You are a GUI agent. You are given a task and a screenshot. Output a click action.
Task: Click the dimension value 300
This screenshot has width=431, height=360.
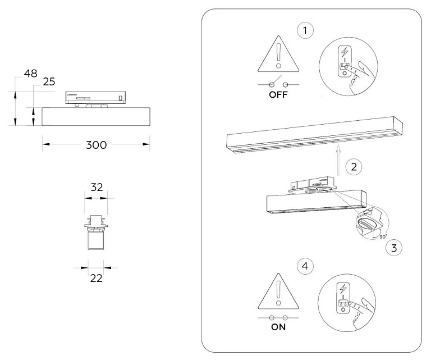pyautogui.click(x=96, y=145)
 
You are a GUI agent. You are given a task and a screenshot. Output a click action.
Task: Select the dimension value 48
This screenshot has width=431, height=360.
pyautogui.click(x=30, y=74)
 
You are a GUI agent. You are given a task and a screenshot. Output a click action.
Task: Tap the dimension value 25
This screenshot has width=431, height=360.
pyautogui.click(x=49, y=81)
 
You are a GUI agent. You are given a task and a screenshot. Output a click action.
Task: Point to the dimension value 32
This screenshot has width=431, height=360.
pyautogui.click(x=97, y=187)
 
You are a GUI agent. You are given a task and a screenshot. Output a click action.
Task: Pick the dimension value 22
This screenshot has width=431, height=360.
pyautogui.click(x=96, y=279)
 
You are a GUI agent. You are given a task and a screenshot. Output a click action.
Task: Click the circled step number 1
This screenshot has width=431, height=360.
pyautogui.click(x=305, y=30)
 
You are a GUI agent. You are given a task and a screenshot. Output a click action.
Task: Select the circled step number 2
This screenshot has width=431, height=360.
pyautogui.click(x=354, y=167)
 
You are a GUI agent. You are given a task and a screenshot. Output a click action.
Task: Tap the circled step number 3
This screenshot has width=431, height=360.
pyautogui.click(x=394, y=248)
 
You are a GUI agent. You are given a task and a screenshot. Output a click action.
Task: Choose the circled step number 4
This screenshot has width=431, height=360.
pyautogui.click(x=305, y=266)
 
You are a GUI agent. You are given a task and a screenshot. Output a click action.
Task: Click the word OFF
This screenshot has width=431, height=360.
pyautogui.click(x=278, y=94)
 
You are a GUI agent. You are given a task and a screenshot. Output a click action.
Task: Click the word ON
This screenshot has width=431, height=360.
pyautogui.click(x=278, y=327)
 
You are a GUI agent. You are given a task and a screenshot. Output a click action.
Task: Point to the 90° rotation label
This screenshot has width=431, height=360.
pyautogui.click(x=383, y=236)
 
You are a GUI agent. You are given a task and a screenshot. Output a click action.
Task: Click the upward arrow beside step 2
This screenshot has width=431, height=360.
pyautogui.click(x=338, y=160)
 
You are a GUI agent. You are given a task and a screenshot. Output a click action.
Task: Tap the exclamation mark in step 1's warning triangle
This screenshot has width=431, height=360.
pyautogui.click(x=279, y=56)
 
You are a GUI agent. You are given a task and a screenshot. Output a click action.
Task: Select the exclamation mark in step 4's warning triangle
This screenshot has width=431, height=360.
pyautogui.click(x=278, y=293)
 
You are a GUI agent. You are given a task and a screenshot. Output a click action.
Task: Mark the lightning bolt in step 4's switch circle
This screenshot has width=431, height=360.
pyautogui.click(x=343, y=289)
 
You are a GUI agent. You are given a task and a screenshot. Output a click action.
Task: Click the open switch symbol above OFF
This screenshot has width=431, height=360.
pyautogui.click(x=278, y=83)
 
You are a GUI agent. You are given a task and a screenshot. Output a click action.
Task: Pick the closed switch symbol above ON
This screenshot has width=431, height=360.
pyautogui.click(x=278, y=318)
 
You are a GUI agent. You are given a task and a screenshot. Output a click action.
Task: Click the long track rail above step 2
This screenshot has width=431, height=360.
pyautogui.click(x=315, y=134)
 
